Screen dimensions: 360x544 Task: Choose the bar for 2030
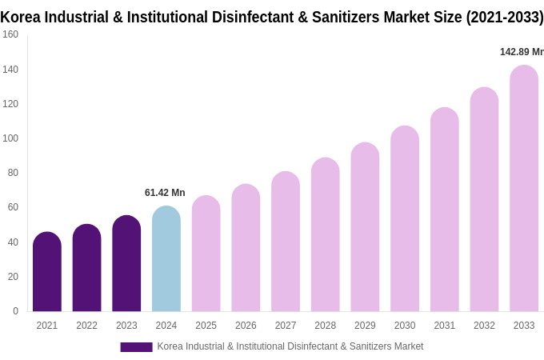[405, 219]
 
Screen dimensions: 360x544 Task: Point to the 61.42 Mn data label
[165, 193]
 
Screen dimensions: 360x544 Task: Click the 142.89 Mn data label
[521, 52]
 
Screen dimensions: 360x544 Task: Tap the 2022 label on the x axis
[86, 326]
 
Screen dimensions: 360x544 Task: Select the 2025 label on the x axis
[206, 326]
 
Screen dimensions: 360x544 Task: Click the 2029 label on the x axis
[365, 326]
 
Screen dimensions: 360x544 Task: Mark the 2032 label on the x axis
[484, 326]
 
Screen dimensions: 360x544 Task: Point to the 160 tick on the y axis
[10, 34]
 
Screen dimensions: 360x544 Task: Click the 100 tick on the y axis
[10, 138]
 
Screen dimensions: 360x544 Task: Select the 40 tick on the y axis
[13, 242]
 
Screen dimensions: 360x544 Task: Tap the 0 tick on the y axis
[15, 311]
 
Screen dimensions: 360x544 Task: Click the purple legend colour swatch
[136, 346]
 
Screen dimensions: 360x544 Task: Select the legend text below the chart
[290, 346]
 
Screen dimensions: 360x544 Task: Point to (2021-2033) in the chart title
[504, 17]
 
